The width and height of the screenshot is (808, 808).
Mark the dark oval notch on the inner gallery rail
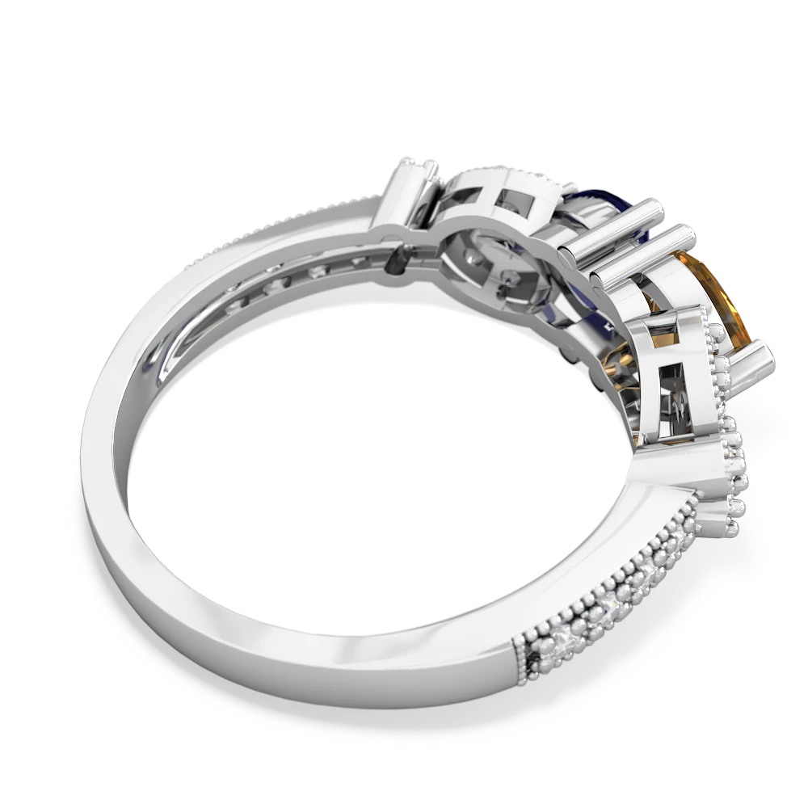(x=398, y=259)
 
